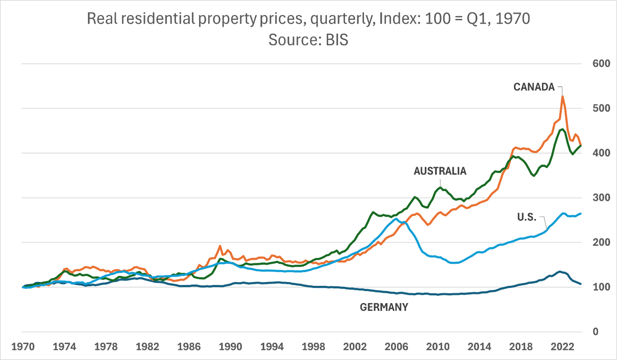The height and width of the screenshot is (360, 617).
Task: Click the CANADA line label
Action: click(x=534, y=87)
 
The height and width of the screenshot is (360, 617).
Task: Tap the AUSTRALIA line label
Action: click(x=440, y=171)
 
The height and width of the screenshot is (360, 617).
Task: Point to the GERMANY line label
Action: click(x=384, y=307)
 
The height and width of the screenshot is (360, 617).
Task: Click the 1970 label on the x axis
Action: click(x=22, y=347)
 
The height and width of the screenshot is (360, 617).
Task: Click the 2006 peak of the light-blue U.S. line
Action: click(x=396, y=218)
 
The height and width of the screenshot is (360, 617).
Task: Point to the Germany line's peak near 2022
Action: click(x=560, y=272)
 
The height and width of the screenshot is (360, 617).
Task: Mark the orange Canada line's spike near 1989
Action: click(x=220, y=246)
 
